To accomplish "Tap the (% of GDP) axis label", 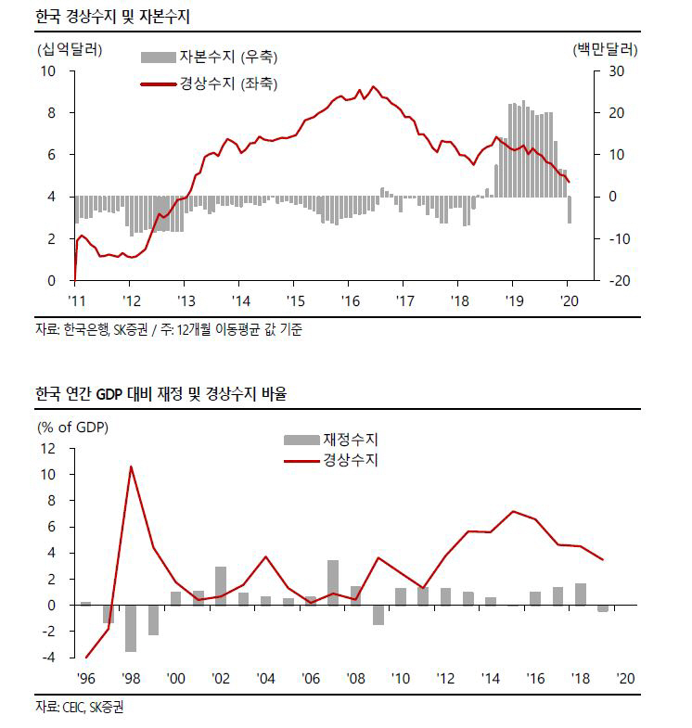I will click(72, 428).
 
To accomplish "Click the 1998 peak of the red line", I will click(131, 466).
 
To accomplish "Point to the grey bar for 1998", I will click(131, 628).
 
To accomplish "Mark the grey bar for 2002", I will click(221, 585).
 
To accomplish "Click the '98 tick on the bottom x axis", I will click(131, 678).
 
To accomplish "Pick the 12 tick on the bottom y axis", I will click(48, 448).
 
